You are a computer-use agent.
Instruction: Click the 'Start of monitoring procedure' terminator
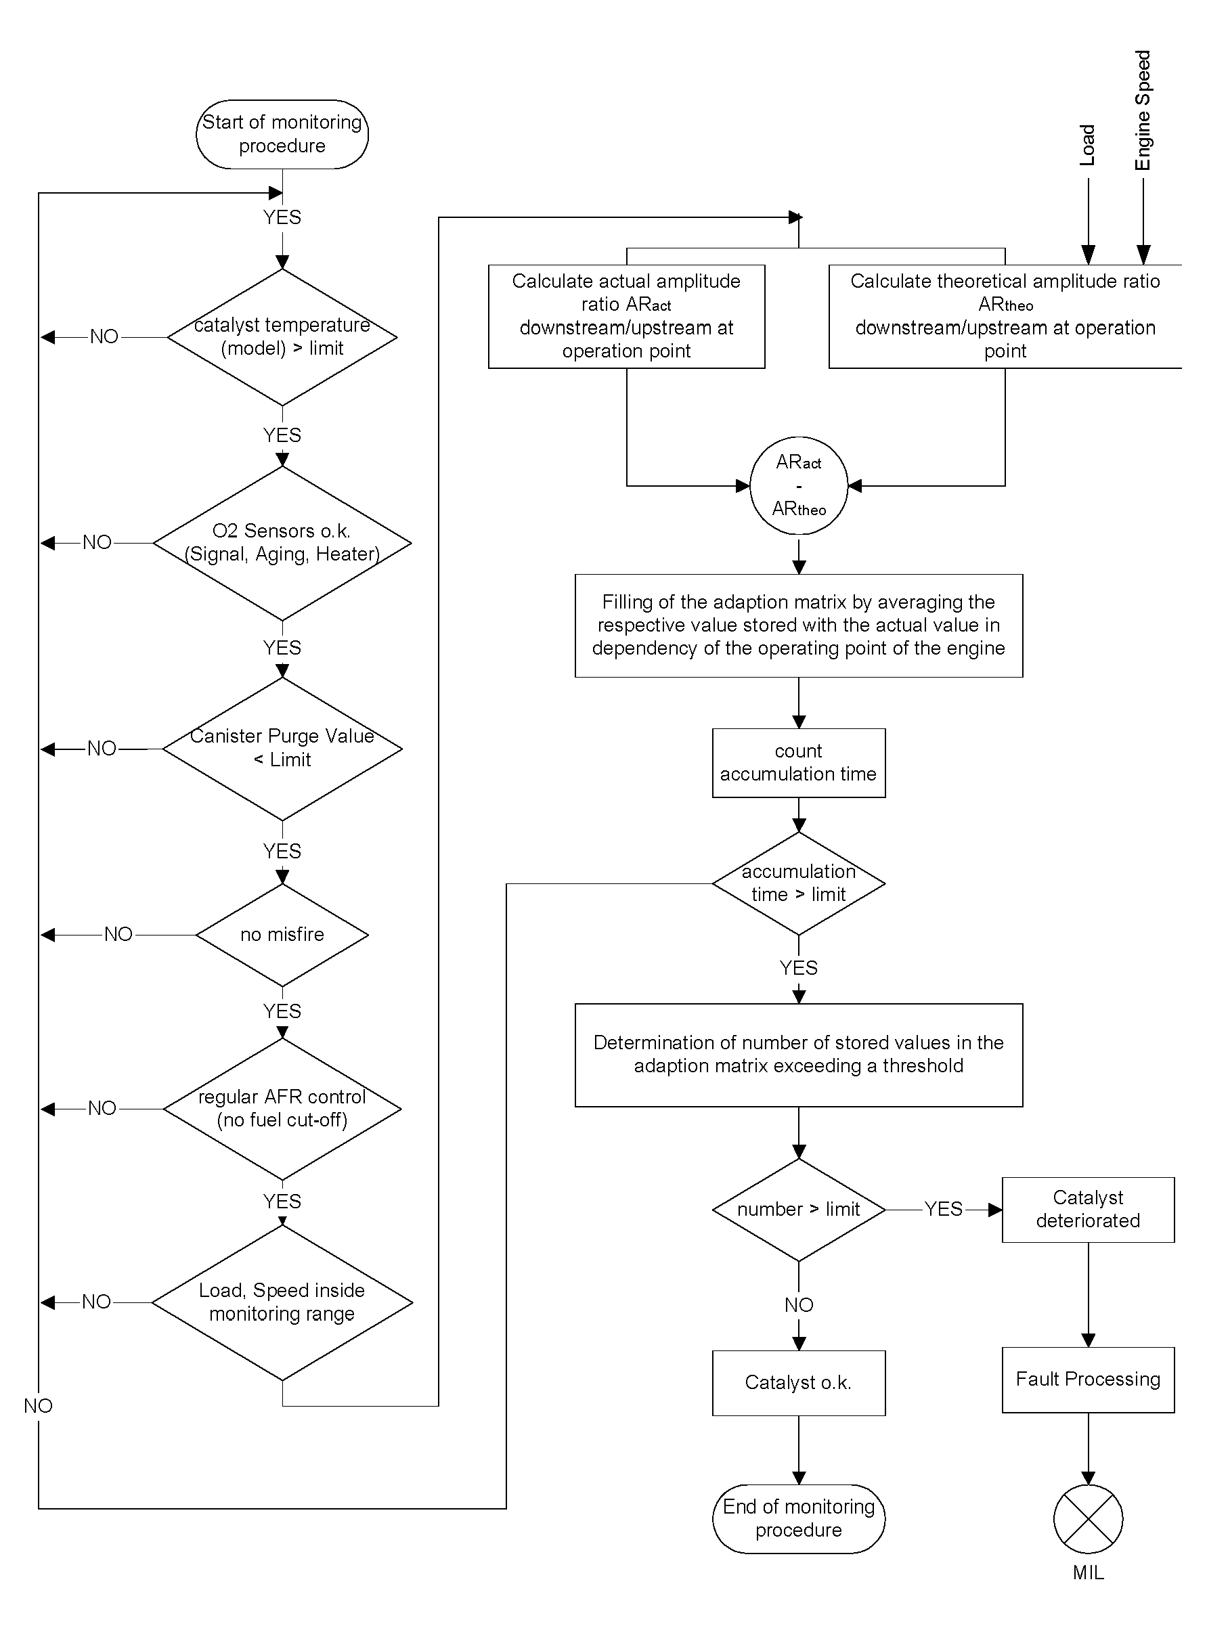point(282,135)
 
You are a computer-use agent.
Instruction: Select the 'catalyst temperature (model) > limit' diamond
point(282,337)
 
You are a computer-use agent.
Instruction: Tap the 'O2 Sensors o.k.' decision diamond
point(282,543)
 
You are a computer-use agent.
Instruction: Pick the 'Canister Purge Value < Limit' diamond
point(282,749)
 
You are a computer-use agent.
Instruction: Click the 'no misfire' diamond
point(282,934)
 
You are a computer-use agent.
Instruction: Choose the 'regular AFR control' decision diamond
point(282,1108)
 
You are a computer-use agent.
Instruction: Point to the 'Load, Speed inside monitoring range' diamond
point(282,1302)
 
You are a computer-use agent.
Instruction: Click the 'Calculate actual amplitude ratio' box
point(626,316)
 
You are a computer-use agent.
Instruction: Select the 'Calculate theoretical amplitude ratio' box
point(1005,316)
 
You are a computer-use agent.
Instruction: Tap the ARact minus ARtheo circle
point(799,486)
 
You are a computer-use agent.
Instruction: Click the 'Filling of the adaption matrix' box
point(799,625)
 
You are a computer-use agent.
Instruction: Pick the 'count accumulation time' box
point(799,763)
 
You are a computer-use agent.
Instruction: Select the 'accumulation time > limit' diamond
point(799,883)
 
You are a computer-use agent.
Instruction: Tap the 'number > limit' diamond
point(799,1210)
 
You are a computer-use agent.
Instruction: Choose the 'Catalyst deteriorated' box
point(1088,1210)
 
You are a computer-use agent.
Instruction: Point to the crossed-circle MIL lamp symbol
point(1088,1519)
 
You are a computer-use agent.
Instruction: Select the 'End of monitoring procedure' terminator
point(799,1519)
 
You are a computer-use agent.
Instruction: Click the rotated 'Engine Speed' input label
point(1143,110)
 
